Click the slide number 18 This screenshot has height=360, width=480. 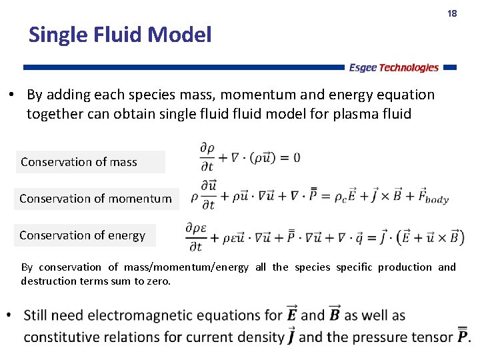pos(452,13)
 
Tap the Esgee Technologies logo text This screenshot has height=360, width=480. pos(394,67)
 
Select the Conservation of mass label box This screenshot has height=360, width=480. pos(90,162)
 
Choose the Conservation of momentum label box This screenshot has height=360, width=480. pos(96,199)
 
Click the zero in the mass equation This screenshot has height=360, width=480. pos(296,157)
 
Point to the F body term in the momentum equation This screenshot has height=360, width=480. pos(434,198)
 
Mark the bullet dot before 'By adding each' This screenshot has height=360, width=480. pos(13,95)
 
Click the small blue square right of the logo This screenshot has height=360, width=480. pos(450,67)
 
